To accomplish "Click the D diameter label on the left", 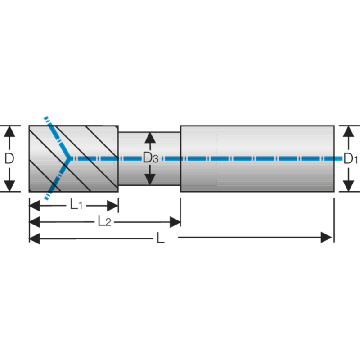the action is (x=9, y=158).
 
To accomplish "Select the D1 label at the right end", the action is (x=351, y=159).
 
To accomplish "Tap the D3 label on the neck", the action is (x=150, y=158).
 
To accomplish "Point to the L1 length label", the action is (x=76, y=204).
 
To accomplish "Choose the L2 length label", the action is (x=104, y=221).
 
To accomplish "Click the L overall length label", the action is (x=161, y=238).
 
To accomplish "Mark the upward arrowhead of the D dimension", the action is (x=9, y=131).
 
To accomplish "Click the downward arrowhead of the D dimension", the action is (x=9, y=186).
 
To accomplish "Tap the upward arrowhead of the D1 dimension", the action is (x=348, y=131).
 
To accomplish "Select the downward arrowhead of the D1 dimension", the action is (x=348, y=186).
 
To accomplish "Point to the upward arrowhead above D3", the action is (x=150, y=138).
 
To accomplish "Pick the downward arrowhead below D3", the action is (x=150, y=179).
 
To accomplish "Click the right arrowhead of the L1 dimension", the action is (x=113, y=206).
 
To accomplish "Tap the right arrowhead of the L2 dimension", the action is (x=175, y=222).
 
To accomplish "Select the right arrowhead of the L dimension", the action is (x=326, y=238).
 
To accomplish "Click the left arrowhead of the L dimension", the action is (x=35, y=238).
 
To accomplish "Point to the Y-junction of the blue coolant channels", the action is (x=68, y=158).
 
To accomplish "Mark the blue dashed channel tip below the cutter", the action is (x=46, y=199).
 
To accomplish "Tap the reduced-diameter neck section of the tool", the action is (x=149, y=159).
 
